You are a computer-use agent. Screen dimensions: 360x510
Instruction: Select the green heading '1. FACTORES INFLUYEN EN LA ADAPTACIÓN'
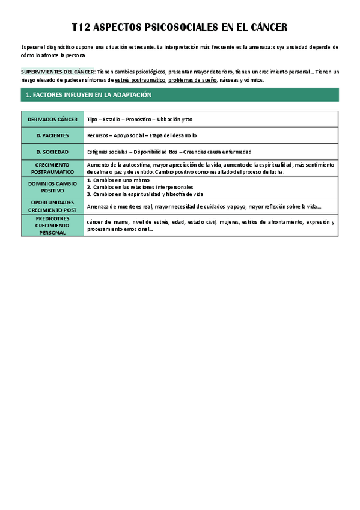(88, 95)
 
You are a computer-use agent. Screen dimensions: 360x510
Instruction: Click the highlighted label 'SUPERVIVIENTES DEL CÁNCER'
(57, 72)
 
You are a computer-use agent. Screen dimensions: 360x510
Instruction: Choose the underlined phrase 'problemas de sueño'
(192, 79)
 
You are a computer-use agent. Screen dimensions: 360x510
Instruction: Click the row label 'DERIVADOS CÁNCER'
(52, 120)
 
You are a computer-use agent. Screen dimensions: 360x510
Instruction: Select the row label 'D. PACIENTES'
(52, 135)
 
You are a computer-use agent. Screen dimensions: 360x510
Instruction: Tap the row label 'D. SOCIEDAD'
(52, 152)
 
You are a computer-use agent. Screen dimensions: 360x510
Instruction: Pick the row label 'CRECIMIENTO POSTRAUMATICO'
(52, 168)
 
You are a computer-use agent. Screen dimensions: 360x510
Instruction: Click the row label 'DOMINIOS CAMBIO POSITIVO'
(52, 186)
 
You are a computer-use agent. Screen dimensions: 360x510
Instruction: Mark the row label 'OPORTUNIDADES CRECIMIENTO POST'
(52, 206)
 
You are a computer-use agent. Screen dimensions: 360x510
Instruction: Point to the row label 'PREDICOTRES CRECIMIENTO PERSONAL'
(52, 225)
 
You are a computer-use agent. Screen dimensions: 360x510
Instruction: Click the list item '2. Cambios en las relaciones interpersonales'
(140, 187)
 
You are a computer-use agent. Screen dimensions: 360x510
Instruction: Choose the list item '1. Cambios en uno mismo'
(118, 180)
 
